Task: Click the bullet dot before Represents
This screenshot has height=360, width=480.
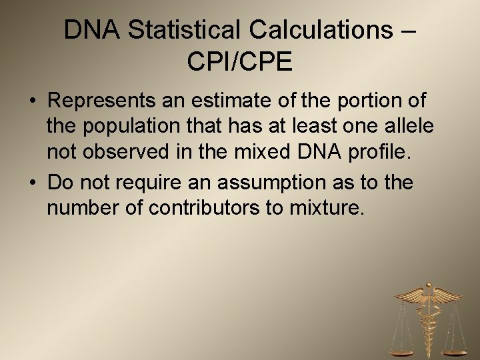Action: (x=33, y=101)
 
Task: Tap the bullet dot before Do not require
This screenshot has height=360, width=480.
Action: (x=33, y=183)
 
